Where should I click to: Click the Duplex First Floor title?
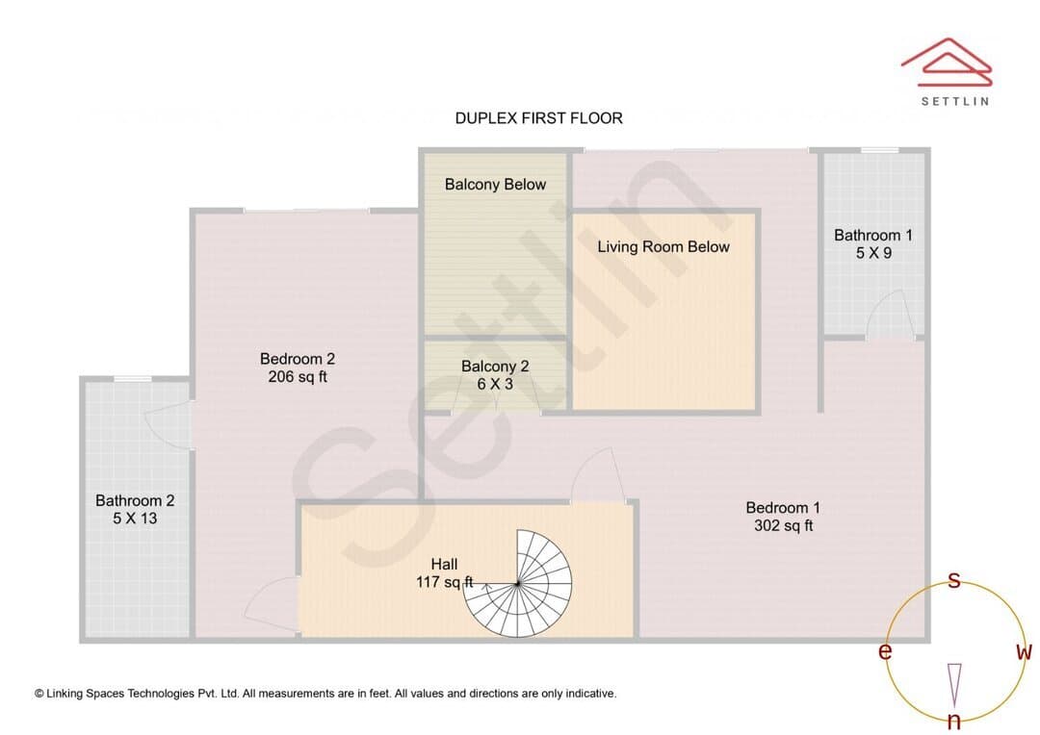tap(538, 118)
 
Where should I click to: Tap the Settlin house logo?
tap(947, 62)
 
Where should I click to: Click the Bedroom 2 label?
tap(298, 359)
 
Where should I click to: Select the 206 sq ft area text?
tap(298, 377)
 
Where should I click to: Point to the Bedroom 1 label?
tap(783, 508)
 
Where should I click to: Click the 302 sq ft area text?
tap(783, 525)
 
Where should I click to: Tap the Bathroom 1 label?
tap(872, 236)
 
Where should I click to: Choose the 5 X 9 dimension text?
tap(872, 253)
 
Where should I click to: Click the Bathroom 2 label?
tap(135, 501)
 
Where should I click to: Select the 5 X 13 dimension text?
tap(135, 519)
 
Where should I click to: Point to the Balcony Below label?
tap(495, 185)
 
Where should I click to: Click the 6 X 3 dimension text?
tap(495, 385)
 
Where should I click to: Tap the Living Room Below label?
tap(663, 246)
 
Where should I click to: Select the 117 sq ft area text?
tap(444, 583)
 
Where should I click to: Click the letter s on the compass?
tap(953, 580)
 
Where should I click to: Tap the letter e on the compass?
tap(885, 652)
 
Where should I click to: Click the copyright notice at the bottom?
tap(325, 694)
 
